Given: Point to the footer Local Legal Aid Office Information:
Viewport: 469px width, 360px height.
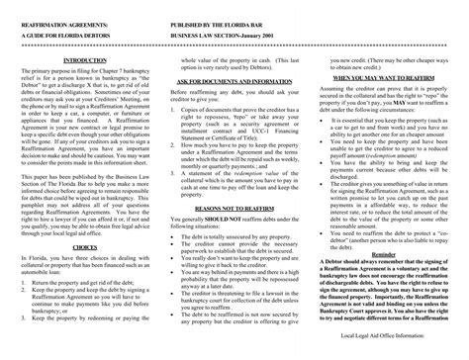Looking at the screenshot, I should pos(411,350).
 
